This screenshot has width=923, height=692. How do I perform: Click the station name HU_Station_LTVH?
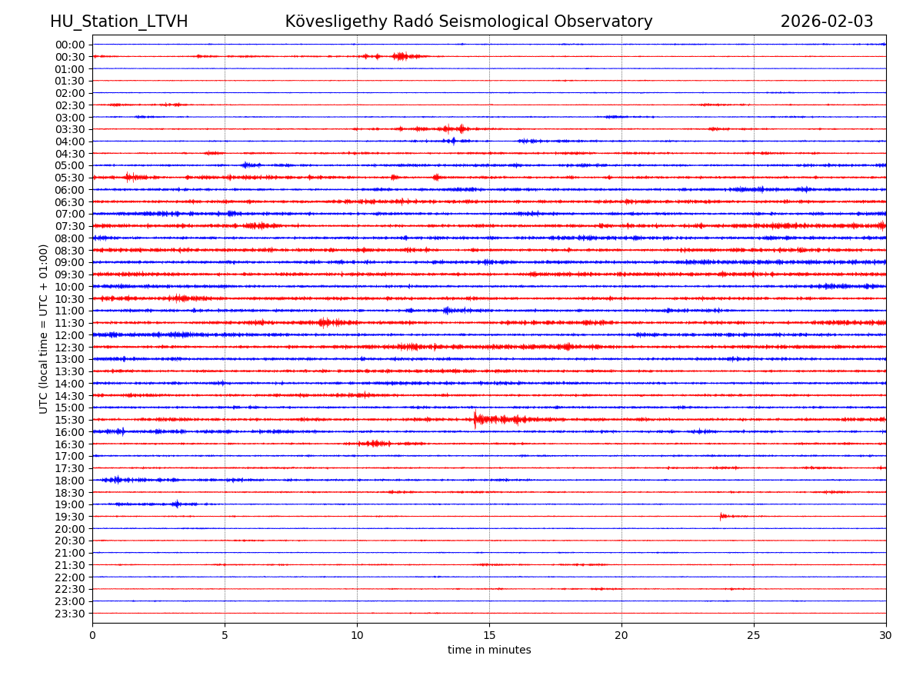coord(118,22)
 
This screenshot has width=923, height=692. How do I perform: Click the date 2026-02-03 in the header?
coord(827,22)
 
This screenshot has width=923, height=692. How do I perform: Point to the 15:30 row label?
coord(69,420)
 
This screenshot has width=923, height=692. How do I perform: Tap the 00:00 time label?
coord(69,45)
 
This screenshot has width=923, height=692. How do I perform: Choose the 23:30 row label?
coord(69,614)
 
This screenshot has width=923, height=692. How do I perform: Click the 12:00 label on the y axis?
coord(69,335)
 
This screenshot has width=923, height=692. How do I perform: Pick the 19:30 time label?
coord(69,517)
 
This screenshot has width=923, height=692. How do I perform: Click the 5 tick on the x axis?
coord(225,636)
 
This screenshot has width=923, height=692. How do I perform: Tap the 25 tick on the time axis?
coord(754,636)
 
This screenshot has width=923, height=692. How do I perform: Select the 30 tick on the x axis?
coord(886,636)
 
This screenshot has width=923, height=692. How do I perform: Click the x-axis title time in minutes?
coord(489,650)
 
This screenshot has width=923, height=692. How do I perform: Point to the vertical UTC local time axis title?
coord(44,328)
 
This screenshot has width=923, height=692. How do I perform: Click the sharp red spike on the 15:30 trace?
coord(475,419)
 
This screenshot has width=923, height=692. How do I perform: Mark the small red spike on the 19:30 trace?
coord(721,516)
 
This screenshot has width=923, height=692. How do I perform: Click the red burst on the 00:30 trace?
coord(399,56)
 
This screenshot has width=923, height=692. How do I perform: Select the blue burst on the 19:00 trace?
coord(176,504)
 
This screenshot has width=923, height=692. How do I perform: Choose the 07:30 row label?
coord(69,226)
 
